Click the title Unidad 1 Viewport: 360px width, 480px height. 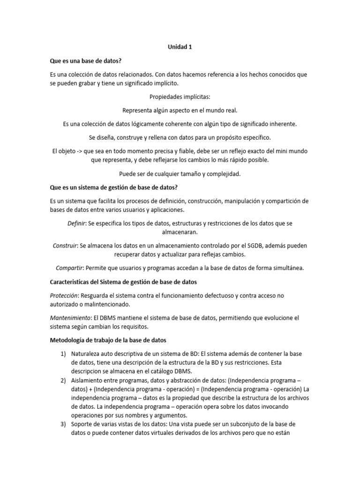(x=180, y=47)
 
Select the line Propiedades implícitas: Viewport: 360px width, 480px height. (x=180, y=97)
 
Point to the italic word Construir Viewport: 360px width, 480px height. (x=65, y=246)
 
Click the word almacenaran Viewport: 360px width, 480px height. (x=180, y=232)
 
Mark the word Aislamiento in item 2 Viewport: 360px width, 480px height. (x=89, y=380)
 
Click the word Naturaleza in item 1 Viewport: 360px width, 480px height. (x=88, y=353)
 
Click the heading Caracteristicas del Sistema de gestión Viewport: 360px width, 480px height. (x=123, y=282)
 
